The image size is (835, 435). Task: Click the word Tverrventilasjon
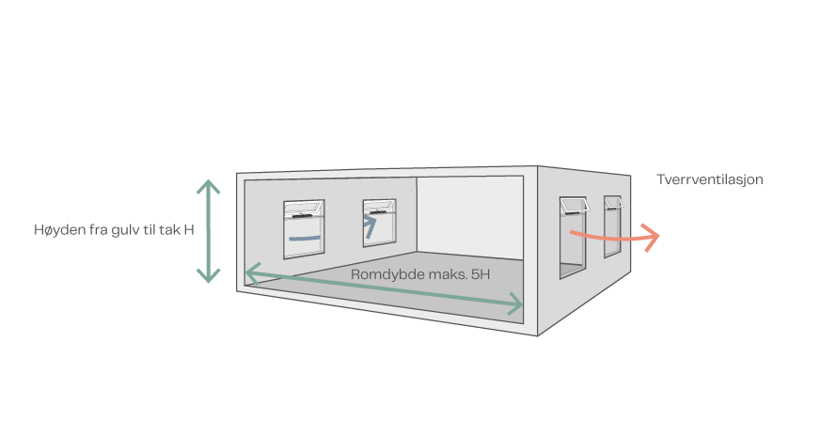pyautogui.click(x=709, y=179)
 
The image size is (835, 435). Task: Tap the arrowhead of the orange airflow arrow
pyautogui.click(x=653, y=235)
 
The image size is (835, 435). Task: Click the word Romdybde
pyautogui.click(x=385, y=275)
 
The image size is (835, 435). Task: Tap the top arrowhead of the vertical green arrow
pyautogui.click(x=208, y=184)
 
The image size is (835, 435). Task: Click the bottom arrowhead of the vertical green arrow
pyautogui.click(x=208, y=275)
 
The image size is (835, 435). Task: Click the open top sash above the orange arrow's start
pyautogui.click(x=572, y=205)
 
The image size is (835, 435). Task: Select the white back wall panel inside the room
pyautogui.click(x=467, y=215)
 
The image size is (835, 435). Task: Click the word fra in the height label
pyautogui.click(x=97, y=230)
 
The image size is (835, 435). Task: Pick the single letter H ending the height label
pyautogui.click(x=189, y=230)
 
